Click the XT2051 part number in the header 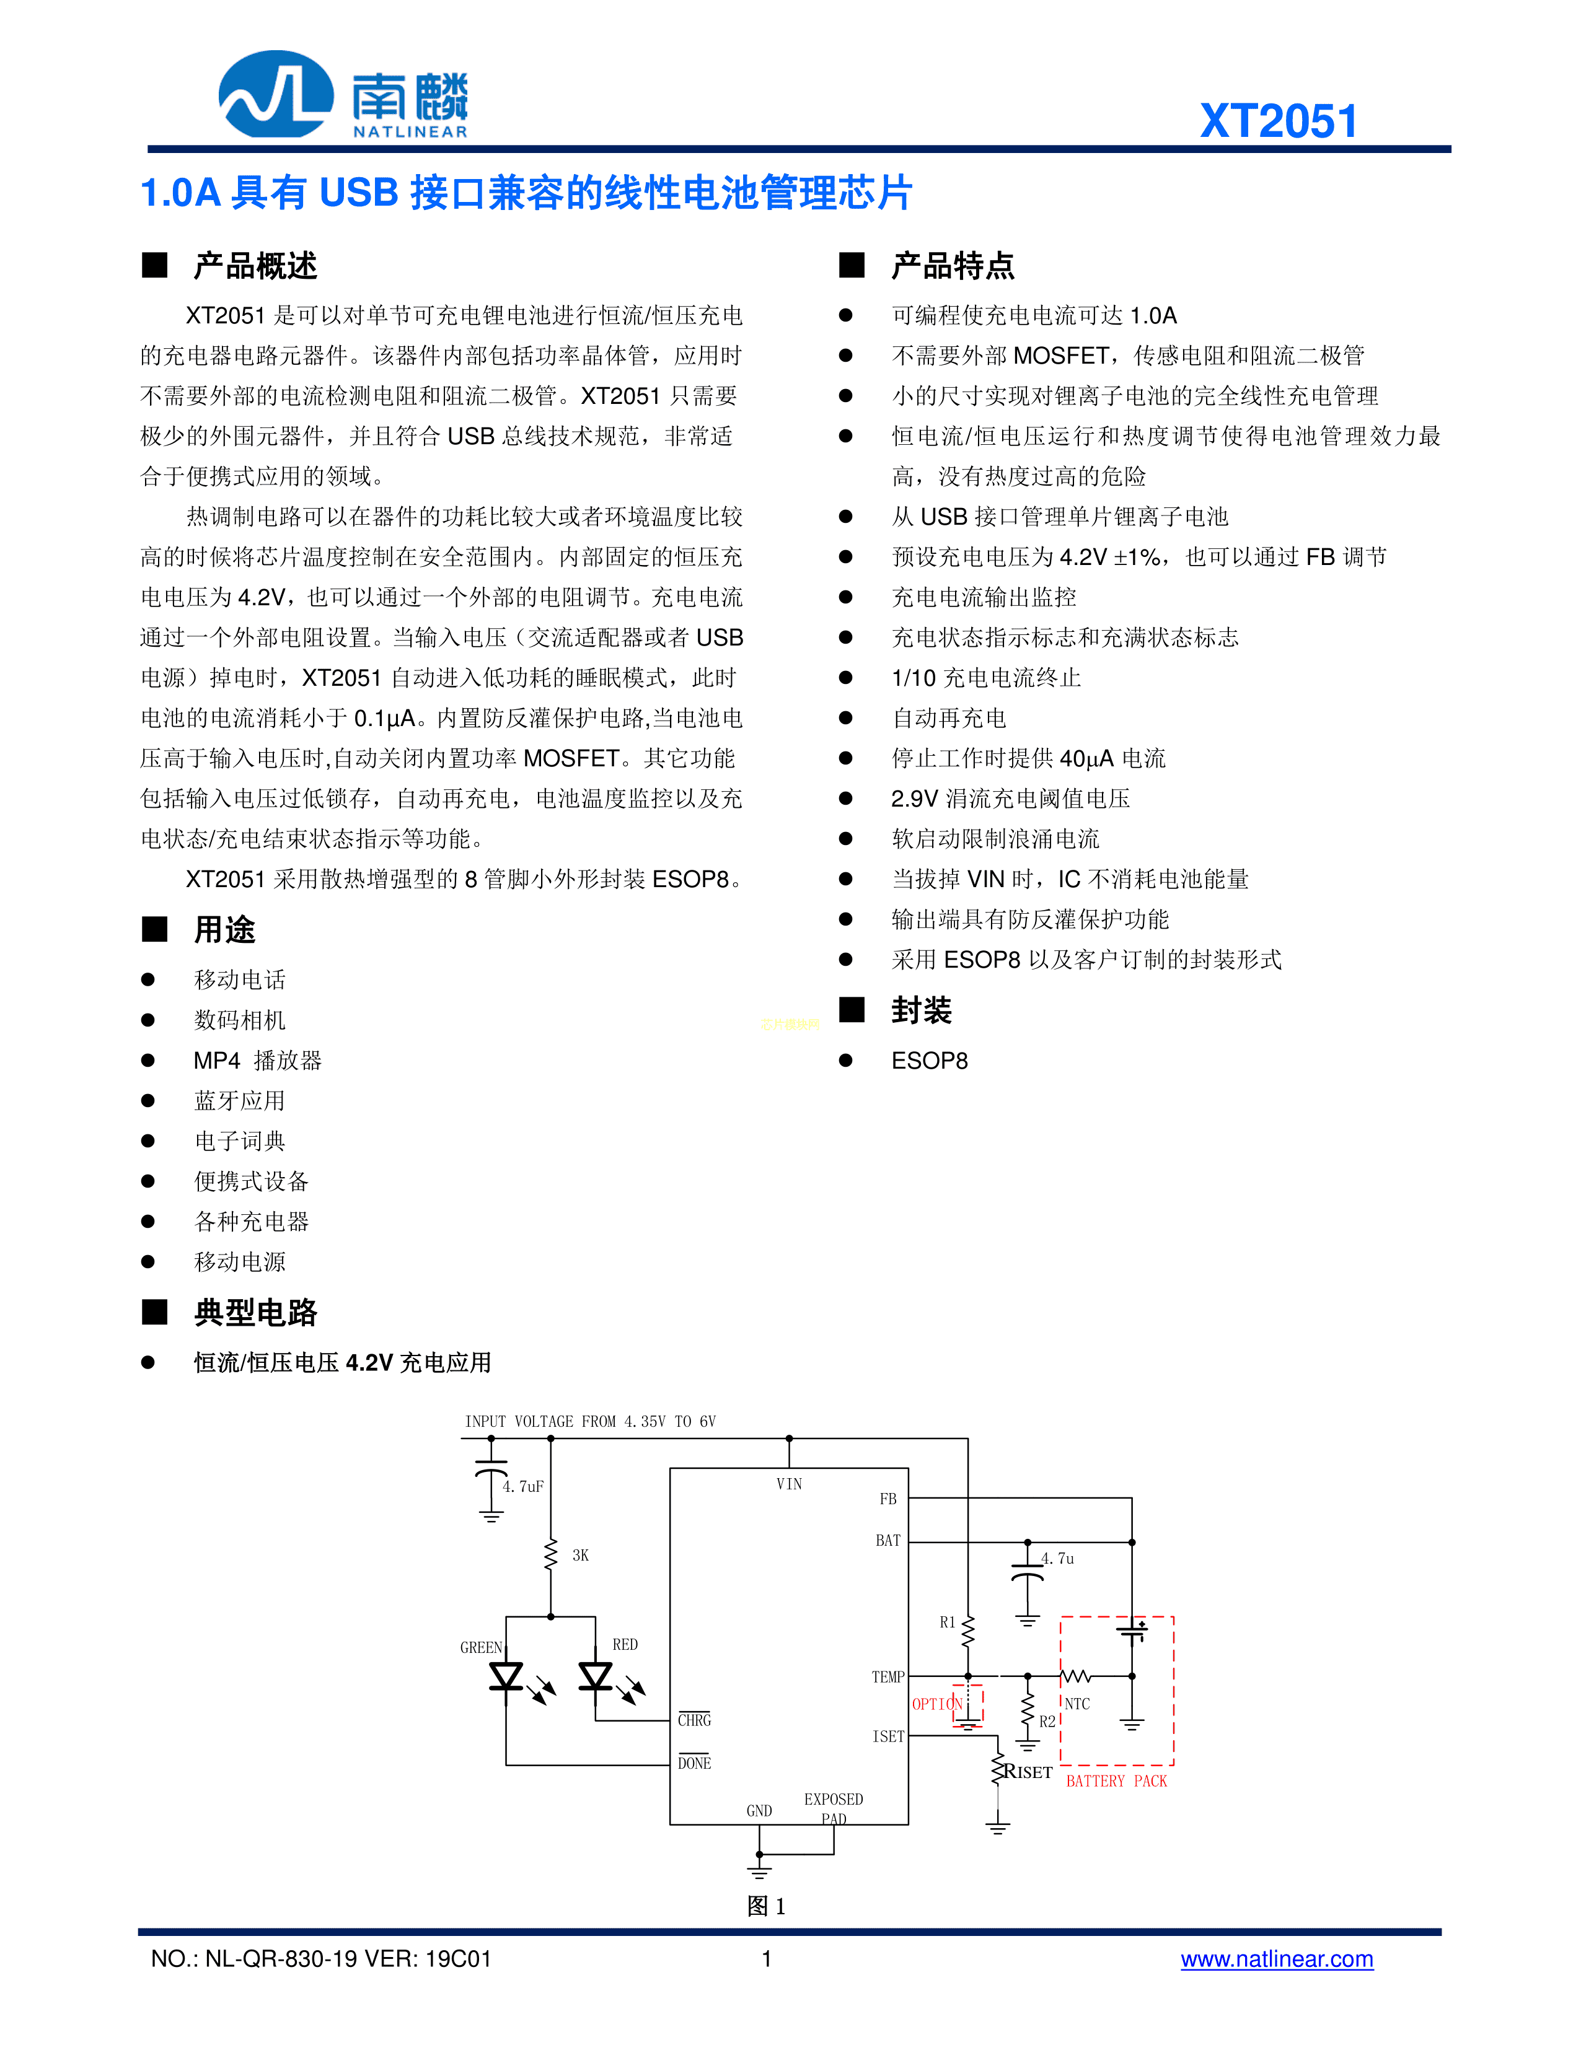click(1279, 121)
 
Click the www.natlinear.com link click(1277, 1959)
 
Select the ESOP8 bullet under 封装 click(929, 1061)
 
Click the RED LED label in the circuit click(625, 1644)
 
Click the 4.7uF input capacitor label click(522, 1486)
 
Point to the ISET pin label click(889, 1736)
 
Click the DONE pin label click(694, 1763)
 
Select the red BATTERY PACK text click(1116, 1781)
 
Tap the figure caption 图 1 click(766, 1906)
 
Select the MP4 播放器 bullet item click(258, 1061)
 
